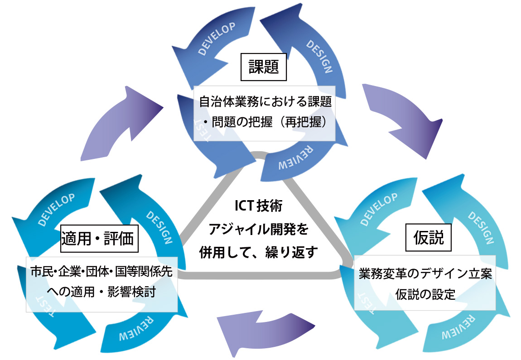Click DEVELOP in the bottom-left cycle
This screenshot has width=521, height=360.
(57, 209)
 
